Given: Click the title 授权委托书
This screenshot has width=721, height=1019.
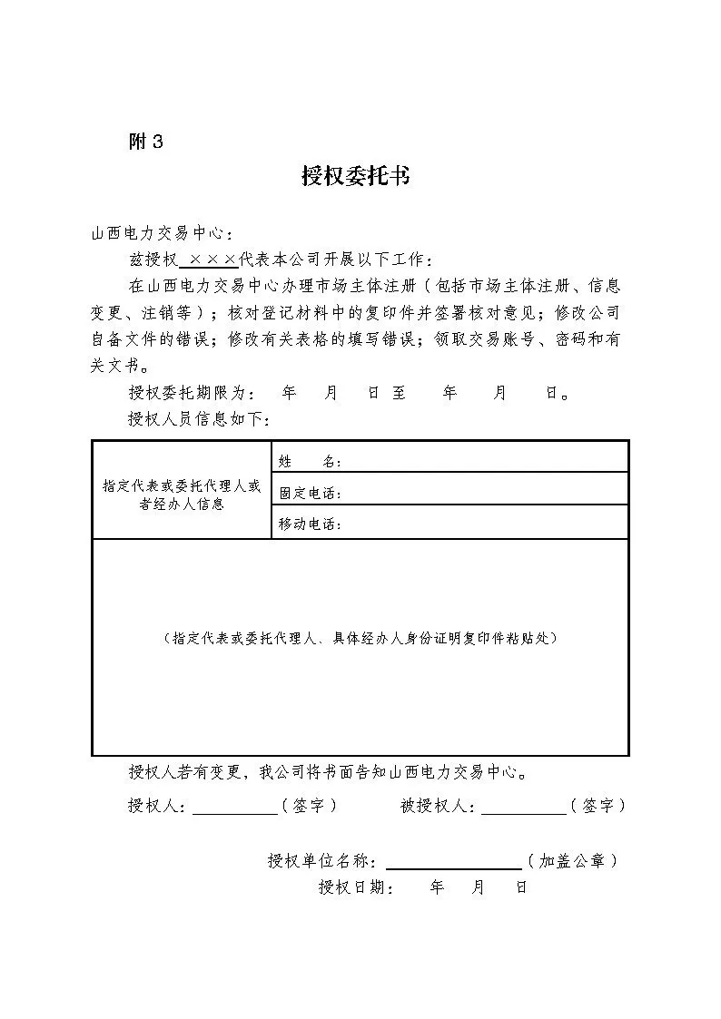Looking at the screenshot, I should (356, 176).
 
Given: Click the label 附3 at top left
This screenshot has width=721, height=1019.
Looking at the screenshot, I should (146, 142).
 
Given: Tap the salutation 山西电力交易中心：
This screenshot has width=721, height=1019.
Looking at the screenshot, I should (155, 234).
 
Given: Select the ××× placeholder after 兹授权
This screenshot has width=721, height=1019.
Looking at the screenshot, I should (209, 260).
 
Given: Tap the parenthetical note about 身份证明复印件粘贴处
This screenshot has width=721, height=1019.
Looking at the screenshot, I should (360, 638).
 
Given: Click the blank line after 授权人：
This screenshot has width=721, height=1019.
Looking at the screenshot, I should (234, 808).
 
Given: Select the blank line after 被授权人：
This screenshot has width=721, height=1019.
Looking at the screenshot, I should (522, 808).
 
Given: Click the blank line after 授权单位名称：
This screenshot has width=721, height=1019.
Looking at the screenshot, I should (453, 862).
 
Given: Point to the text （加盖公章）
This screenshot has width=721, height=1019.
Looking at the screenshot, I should (573, 861).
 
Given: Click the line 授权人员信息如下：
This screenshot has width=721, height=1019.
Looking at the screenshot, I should (199, 419).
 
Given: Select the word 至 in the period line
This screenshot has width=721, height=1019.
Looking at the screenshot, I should (399, 393).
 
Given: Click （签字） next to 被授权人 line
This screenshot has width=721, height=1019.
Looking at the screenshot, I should (598, 806).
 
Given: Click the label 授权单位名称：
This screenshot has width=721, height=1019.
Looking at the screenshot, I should (324, 861).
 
